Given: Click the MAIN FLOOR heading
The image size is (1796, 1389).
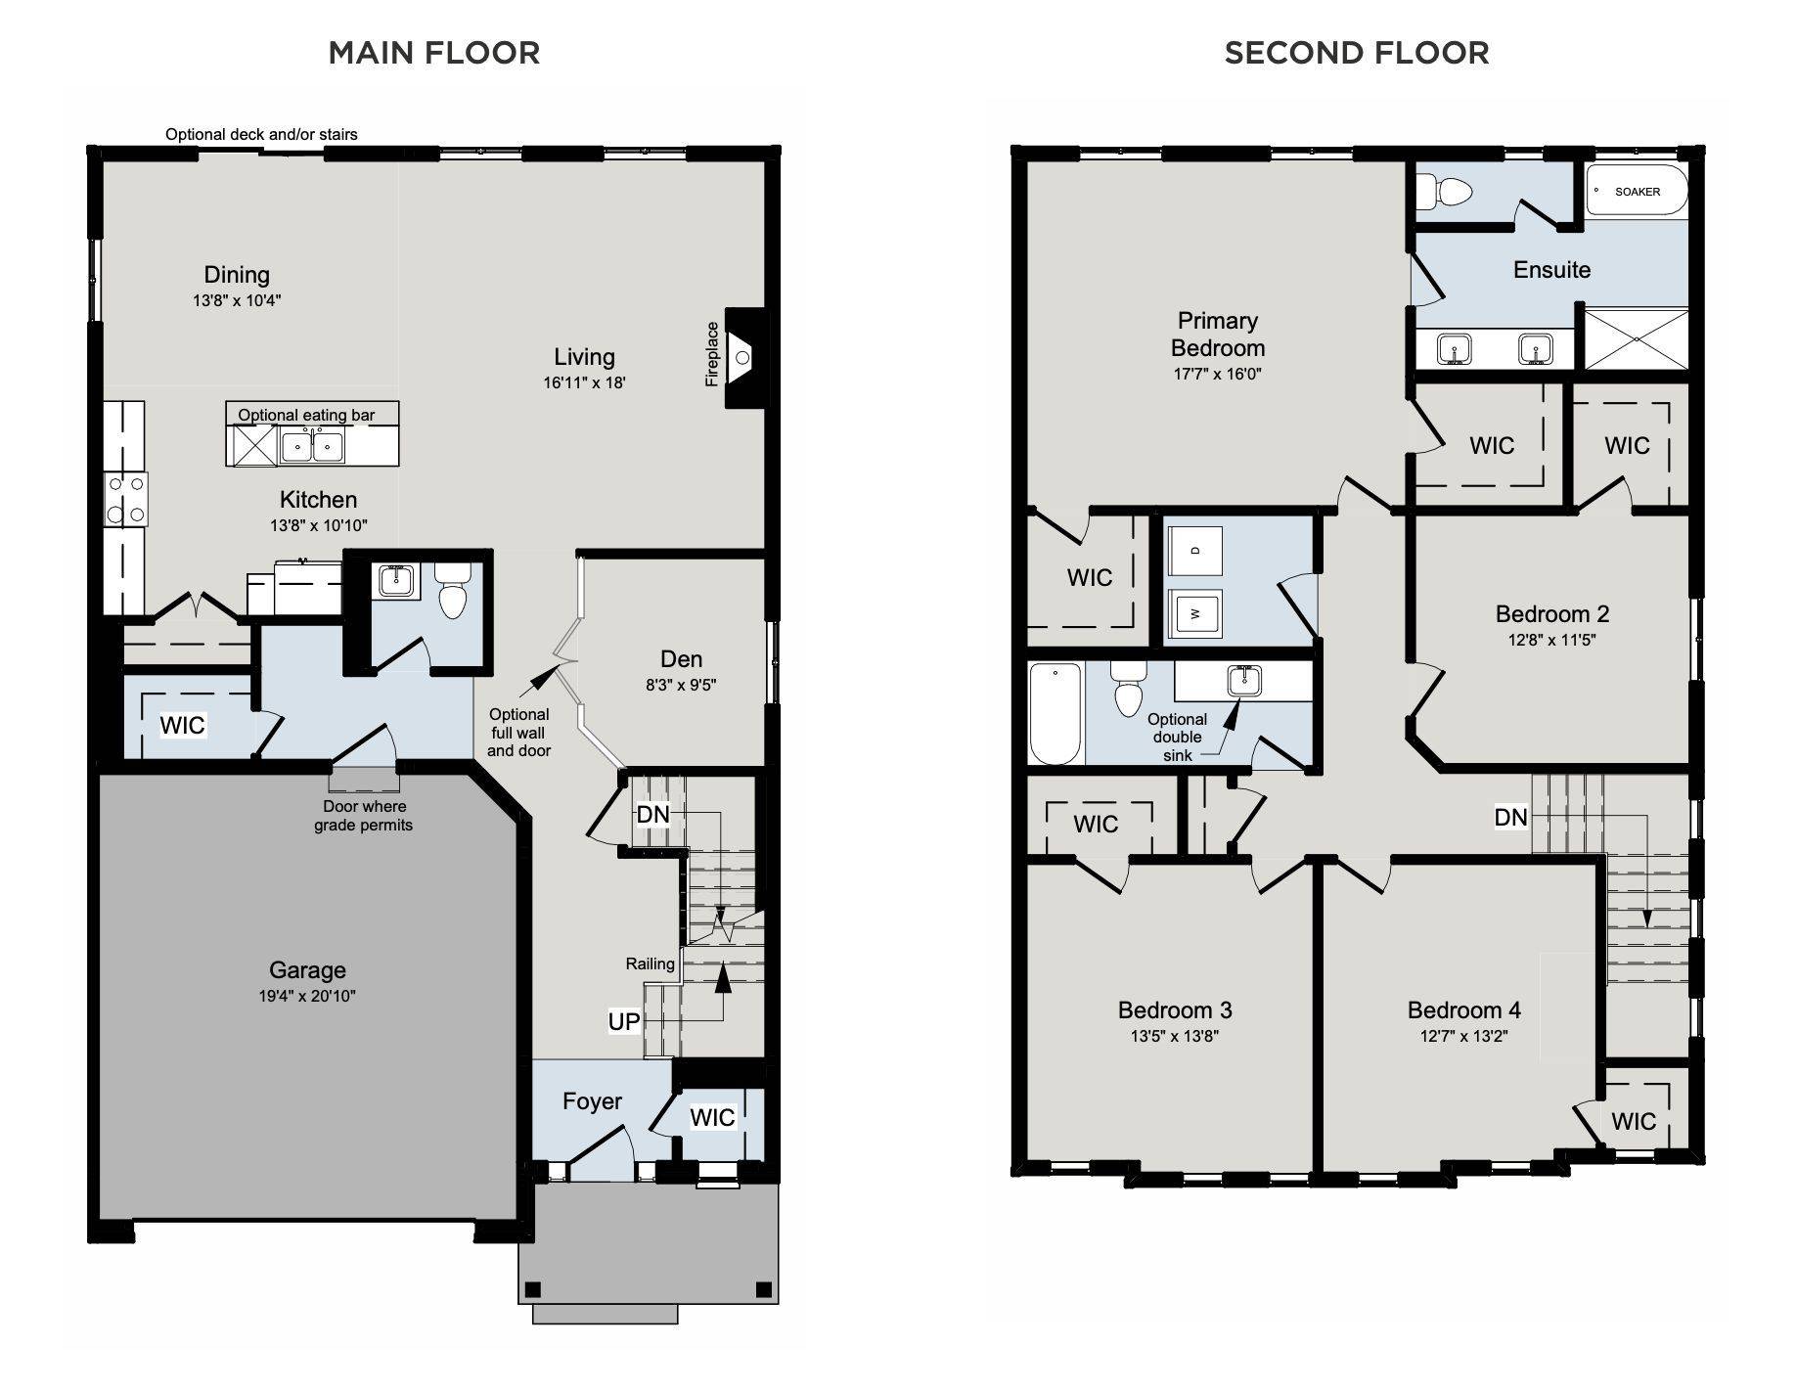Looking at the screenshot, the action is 434,53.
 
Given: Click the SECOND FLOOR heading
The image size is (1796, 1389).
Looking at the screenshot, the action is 1357,53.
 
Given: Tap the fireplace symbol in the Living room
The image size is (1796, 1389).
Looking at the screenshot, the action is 744,358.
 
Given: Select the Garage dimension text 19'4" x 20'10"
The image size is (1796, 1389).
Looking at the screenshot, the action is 307,997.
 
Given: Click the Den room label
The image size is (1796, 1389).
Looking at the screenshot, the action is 681,659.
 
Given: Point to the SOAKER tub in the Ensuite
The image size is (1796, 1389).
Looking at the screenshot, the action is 1637,192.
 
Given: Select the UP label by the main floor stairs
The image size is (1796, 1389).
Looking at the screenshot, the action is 624,1022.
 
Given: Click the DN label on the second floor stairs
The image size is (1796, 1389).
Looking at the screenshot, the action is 1510,817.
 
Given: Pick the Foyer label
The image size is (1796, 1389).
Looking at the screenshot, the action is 592,1101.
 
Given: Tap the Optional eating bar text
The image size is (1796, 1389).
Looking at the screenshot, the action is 306,415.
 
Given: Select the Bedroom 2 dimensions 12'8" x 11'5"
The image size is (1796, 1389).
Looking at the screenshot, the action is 1551,641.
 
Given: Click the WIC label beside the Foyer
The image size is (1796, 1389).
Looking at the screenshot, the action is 712,1117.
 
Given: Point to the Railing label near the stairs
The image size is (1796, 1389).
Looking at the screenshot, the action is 651,964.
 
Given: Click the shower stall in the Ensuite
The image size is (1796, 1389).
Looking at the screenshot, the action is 1636,338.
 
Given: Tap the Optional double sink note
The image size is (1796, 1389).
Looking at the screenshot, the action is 1177,737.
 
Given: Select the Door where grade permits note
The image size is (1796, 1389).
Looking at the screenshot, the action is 364,816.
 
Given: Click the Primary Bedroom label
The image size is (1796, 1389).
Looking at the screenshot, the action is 1218,335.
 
